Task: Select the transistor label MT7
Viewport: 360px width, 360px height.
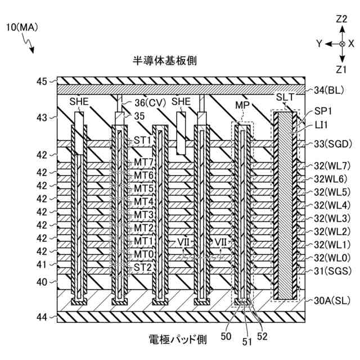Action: [x=143, y=163]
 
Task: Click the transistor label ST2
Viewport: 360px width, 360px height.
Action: [x=142, y=267]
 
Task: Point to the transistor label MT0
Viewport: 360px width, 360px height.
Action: [x=143, y=254]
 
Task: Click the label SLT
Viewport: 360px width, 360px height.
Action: [x=285, y=97]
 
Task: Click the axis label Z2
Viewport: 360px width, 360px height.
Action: [x=341, y=19]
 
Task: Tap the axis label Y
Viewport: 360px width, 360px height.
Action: [x=318, y=43]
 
